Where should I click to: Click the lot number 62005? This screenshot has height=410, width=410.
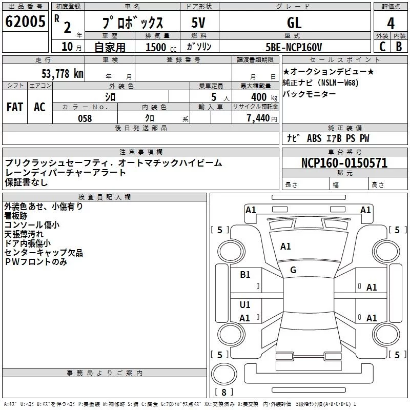coord(26,22)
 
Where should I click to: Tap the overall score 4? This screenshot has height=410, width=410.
coord(391,24)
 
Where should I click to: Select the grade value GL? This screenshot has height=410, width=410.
coord(294,23)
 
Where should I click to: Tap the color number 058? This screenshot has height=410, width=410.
coord(85,118)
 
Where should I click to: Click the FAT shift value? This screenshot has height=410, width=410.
coord(15,107)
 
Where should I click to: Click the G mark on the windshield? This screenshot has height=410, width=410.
coord(293,270)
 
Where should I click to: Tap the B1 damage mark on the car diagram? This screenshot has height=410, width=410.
coord(245,275)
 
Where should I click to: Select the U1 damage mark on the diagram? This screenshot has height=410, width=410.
coord(245,305)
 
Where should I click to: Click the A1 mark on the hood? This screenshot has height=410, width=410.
coord(285,247)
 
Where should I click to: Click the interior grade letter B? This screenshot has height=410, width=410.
coord(399,47)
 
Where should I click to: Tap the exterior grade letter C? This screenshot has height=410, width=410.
coord(382,47)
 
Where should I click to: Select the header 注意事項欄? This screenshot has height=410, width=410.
coord(141,152)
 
